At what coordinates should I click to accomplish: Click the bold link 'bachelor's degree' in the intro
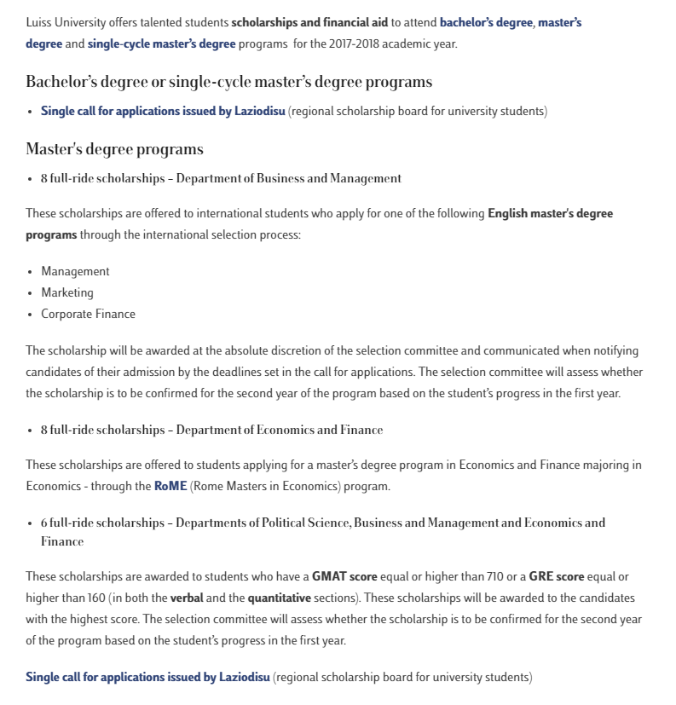[486, 23]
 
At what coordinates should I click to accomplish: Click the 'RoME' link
[170, 486]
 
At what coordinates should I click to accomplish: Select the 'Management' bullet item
[75, 271]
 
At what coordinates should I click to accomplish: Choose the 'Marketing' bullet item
[67, 292]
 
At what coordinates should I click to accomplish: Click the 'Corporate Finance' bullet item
[88, 314]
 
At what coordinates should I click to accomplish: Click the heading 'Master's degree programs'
[114, 149]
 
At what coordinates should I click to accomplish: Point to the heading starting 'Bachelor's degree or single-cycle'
[228, 82]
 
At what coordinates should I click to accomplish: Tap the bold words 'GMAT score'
[346, 577]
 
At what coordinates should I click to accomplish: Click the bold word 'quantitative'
[280, 598]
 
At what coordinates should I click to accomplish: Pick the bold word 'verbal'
[187, 598]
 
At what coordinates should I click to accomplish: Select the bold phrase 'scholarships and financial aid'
[309, 23]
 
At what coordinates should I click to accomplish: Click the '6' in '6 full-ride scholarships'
[44, 523]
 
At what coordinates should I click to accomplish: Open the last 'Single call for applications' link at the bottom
[147, 677]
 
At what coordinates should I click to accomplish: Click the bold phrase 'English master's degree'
[550, 213]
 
